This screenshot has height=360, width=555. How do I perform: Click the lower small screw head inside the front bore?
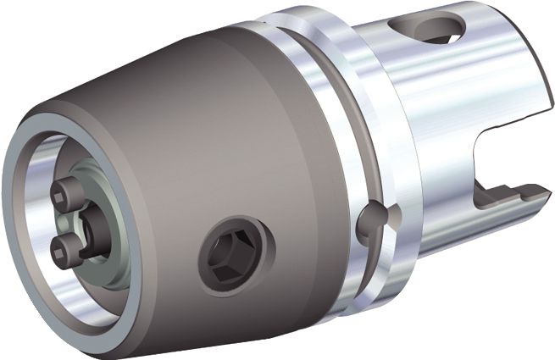pos(61,246)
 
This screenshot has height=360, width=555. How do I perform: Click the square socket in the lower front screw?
pos(59,246)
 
